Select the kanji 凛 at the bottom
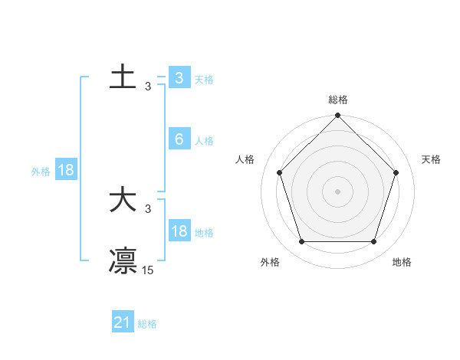coord(123,260)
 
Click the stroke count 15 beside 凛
coord(148,270)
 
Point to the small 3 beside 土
coord(148,87)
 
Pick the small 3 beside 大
coord(148,209)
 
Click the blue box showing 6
coord(179,139)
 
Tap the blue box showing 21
coord(122,323)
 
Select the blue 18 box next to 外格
coord(66,170)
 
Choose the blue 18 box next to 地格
coord(179,231)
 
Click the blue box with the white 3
coord(179,77)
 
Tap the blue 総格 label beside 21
coord(147,324)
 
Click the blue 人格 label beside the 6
coord(204,141)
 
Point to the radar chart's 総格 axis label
coord(337,100)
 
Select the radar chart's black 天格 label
coord(431,159)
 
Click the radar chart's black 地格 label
coord(402,262)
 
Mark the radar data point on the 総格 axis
coord(337,116)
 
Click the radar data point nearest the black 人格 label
coord(279,172)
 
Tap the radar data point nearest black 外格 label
coord(301,242)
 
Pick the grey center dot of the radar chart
coord(337,191)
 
